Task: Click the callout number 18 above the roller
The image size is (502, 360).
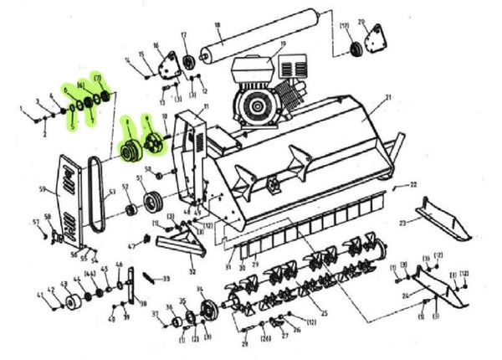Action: (218, 26)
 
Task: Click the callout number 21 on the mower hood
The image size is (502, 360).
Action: (388, 98)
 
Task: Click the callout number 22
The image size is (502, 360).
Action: (413, 183)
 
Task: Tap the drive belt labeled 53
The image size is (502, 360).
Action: (95, 198)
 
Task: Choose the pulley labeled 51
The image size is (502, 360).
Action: (153, 203)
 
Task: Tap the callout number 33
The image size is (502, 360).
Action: (166, 279)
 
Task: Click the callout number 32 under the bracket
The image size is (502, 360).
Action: (192, 271)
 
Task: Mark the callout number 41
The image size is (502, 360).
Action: (38, 295)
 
